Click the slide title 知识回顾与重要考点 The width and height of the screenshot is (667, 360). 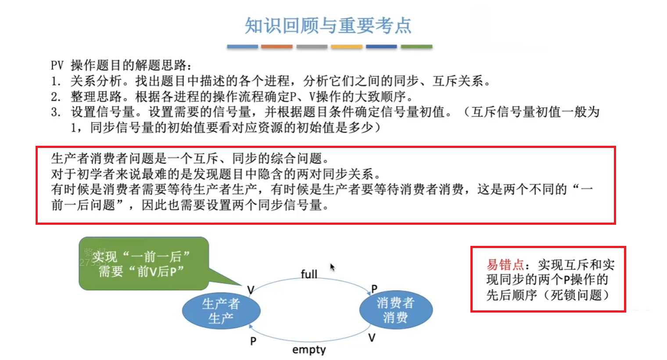point(328,25)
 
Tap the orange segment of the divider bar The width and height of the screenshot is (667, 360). point(276,47)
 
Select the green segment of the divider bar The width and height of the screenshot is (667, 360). point(416,47)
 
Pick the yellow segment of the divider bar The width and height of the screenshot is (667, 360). point(347,47)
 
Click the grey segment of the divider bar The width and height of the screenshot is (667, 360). point(312,47)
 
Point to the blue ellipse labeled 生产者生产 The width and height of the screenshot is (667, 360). point(221,311)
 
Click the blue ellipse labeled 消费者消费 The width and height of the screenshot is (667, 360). point(396,310)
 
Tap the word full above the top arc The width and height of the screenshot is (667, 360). point(309,274)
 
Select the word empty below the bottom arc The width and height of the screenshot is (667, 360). point(309,349)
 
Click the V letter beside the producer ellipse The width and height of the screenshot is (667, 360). point(251,290)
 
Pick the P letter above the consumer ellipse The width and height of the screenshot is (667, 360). point(374,288)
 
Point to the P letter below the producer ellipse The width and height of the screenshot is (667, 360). point(253,341)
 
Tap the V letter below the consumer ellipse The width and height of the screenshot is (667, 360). point(372,338)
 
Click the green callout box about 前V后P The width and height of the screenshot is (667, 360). point(144,263)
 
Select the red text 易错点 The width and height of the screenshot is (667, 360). point(505,265)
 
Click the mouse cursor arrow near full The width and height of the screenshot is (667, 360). point(332,267)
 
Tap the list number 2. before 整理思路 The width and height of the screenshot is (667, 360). point(56,97)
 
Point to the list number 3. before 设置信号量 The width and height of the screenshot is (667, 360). point(56,112)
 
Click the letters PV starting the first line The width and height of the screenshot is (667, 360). point(57,65)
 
